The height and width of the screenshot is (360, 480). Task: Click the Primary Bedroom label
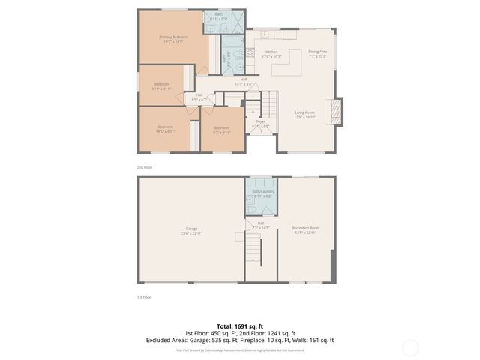coord(172,39)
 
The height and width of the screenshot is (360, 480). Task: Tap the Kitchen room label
coord(271,54)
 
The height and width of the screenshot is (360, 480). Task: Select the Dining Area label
coord(317,54)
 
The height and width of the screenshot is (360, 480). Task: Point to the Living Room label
coord(304,114)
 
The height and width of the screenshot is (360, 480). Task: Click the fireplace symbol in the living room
coord(337,112)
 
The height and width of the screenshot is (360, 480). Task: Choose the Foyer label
coord(261,123)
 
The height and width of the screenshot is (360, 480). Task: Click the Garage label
coord(191,230)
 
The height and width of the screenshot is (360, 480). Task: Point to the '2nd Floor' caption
coord(144,167)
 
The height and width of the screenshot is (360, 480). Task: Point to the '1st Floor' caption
coord(144,298)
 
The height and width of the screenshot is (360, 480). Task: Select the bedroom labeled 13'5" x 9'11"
coord(164,129)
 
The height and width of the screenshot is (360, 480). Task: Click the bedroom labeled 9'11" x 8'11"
coord(161,86)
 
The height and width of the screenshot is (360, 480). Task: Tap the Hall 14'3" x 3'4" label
coord(243,81)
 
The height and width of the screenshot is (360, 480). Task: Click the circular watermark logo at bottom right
coord(410,346)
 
